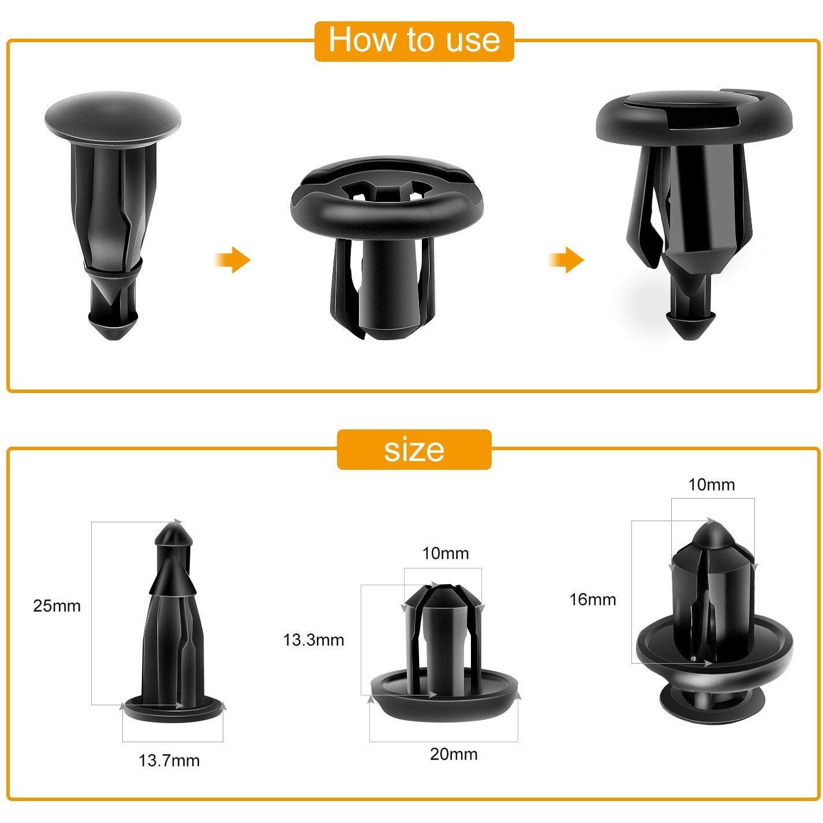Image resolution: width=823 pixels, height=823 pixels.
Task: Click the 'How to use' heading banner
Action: [414, 41]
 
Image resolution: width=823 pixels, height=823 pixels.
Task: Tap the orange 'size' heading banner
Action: [414, 450]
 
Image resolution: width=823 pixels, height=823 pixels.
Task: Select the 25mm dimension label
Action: [57, 606]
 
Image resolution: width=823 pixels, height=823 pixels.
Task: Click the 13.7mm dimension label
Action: [169, 761]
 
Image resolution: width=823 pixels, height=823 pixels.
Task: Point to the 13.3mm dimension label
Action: [313, 640]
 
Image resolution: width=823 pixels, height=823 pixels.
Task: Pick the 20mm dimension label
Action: [454, 754]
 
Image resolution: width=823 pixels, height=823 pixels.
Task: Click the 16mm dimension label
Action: [593, 600]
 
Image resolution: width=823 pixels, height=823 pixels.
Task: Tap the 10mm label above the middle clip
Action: [445, 553]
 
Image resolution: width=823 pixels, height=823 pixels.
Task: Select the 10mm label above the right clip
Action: [712, 485]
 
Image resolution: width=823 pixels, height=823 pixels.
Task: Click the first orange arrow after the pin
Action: [234, 260]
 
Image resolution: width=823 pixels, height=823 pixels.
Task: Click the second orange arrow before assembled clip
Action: [567, 260]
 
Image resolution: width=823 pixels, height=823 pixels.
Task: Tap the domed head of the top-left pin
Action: [113, 115]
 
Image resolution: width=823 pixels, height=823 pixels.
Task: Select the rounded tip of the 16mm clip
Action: [713, 532]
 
